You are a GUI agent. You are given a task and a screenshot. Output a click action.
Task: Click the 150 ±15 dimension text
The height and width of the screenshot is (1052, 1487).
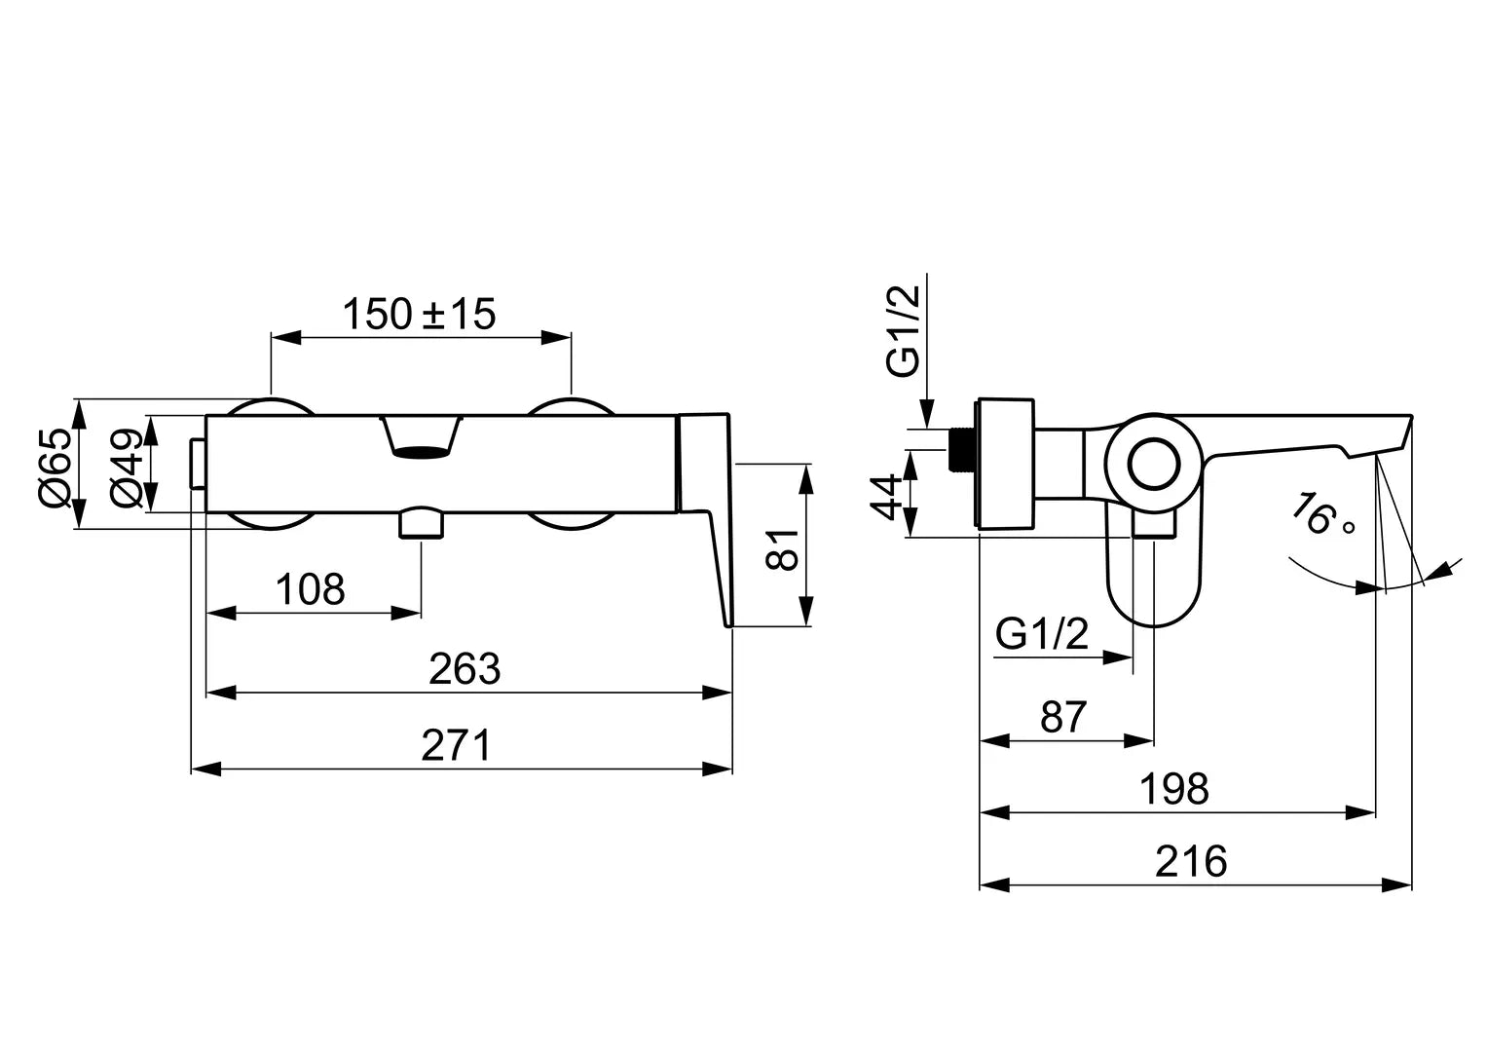pyautogui.click(x=419, y=314)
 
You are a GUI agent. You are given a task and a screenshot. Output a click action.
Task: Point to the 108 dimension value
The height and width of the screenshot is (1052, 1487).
pyautogui.click(x=311, y=589)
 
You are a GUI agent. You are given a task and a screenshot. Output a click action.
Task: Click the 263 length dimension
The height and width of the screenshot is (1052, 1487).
pyautogui.click(x=465, y=669)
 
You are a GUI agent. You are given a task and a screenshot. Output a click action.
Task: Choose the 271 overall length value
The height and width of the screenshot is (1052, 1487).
pyautogui.click(x=458, y=747)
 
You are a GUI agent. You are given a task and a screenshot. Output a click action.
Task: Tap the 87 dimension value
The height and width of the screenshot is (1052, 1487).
pyautogui.click(x=1062, y=718)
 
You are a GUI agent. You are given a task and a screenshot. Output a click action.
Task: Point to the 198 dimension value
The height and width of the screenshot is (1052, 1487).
pyautogui.click(x=1174, y=789)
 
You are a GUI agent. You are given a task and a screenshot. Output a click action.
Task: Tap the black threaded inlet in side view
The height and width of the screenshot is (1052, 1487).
pyautogui.click(x=962, y=451)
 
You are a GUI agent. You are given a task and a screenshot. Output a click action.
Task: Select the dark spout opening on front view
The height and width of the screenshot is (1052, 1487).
pyautogui.click(x=421, y=450)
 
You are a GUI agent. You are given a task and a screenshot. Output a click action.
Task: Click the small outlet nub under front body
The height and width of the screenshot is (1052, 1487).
pyautogui.click(x=421, y=523)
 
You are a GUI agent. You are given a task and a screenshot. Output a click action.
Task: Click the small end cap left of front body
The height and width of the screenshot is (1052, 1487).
pyautogui.click(x=199, y=465)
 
